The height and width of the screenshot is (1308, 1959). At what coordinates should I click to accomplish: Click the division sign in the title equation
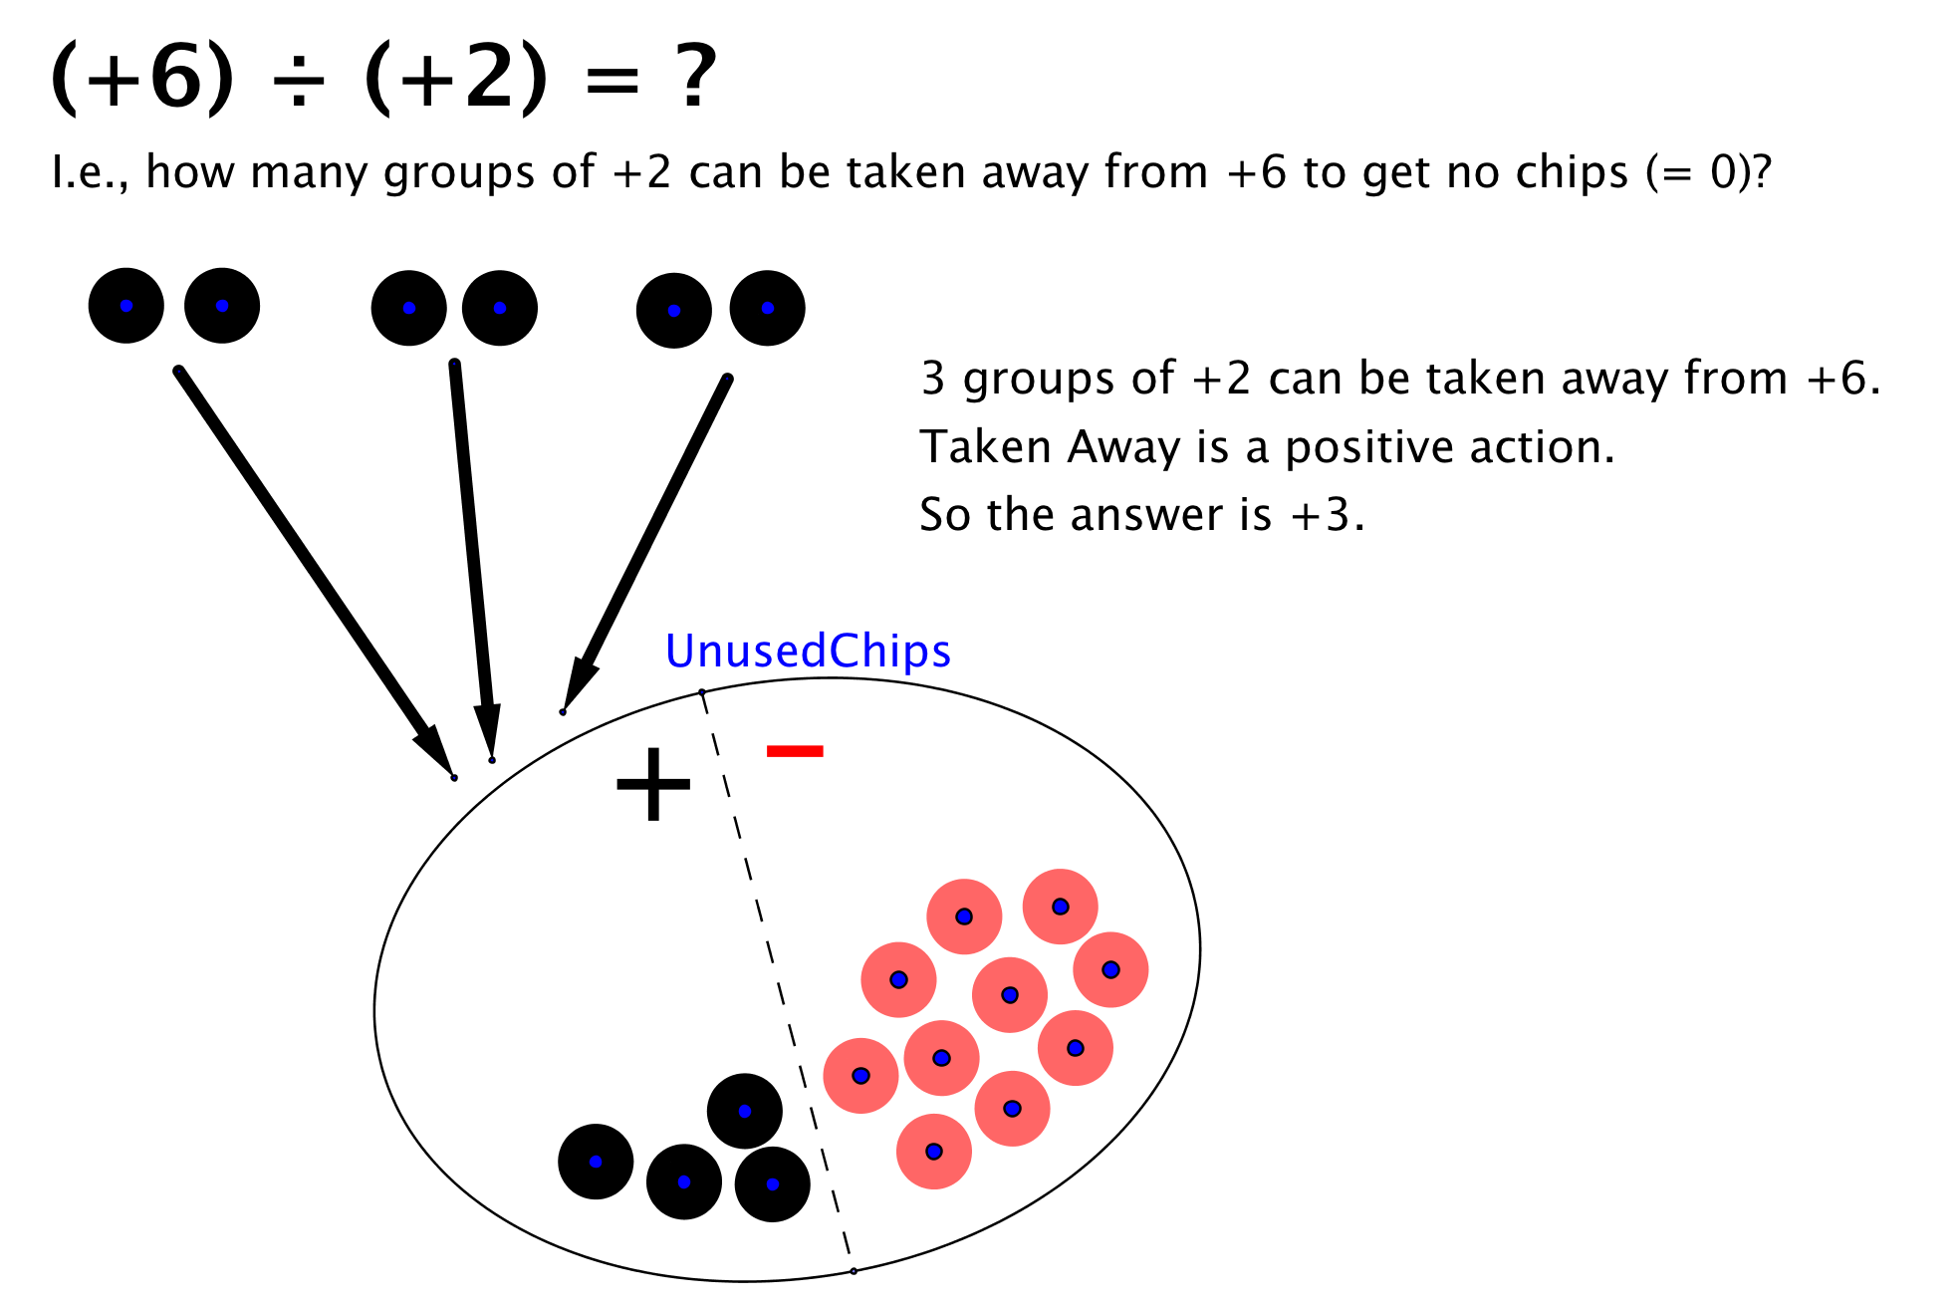click(x=299, y=79)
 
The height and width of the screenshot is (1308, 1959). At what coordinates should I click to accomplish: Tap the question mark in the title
click(x=695, y=77)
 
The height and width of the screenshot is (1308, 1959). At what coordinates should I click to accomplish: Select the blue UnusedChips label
click(x=808, y=652)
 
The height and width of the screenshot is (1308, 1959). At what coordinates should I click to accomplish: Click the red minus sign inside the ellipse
click(x=795, y=751)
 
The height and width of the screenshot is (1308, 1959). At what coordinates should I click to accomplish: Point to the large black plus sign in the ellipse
click(x=653, y=785)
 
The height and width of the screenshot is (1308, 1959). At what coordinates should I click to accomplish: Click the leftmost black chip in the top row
click(x=126, y=306)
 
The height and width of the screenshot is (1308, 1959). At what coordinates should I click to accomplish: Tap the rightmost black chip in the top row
click(x=767, y=308)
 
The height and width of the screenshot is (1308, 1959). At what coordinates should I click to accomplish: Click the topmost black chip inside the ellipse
click(x=744, y=1111)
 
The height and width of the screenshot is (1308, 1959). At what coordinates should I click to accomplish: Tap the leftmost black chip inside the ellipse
click(x=596, y=1162)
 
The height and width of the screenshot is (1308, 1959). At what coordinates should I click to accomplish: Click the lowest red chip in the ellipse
click(x=933, y=1152)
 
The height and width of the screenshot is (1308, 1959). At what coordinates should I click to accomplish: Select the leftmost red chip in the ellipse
click(x=860, y=1076)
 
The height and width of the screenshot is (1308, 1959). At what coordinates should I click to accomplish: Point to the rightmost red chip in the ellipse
click(x=1110, y=969)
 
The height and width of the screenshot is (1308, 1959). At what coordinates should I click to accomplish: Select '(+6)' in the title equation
click(x=142, y=79)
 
